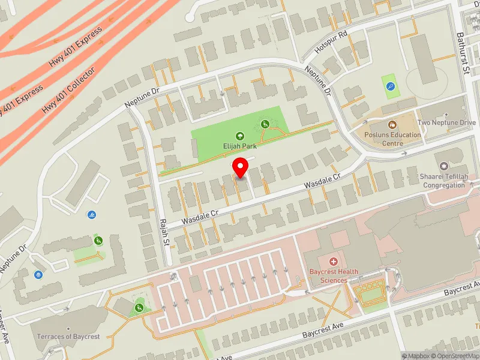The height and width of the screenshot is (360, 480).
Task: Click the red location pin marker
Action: [x=241, y=167]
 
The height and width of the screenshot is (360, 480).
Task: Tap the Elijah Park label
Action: [x=240, y=145]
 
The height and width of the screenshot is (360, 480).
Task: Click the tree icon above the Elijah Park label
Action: [x=240, y=136]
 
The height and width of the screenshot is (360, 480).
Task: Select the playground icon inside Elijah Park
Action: [x=265, y=124]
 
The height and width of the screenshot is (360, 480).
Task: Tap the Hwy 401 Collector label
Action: [x=68, y=91]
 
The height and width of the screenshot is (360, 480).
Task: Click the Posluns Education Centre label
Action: [x=392, y=139]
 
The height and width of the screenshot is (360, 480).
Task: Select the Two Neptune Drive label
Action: [x=446, y=122]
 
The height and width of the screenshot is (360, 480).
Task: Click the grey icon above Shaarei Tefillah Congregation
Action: [x=445, y=166]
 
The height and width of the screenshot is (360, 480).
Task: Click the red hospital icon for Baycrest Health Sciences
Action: [x=334, y=261]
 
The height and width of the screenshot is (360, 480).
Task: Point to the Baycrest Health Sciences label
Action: [x=334, y=276]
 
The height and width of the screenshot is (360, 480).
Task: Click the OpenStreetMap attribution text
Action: [x=458, y=356]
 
